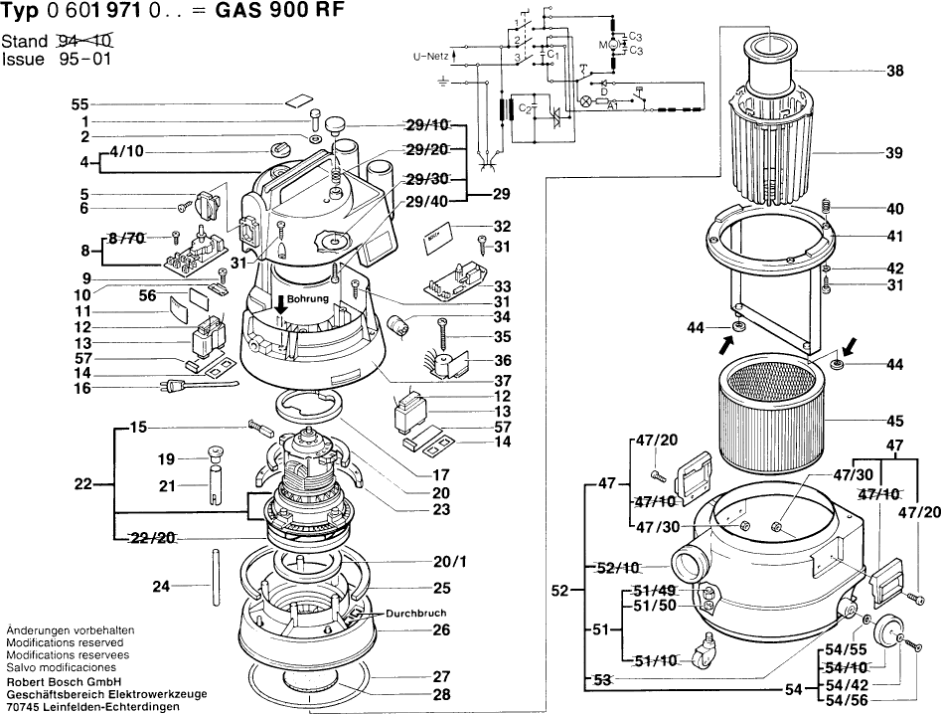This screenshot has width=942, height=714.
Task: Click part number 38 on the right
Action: [x=893, y=71]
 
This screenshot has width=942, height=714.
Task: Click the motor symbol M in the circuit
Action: [x=601, y=46]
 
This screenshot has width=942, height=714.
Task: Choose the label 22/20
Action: [x=155, y=537]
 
